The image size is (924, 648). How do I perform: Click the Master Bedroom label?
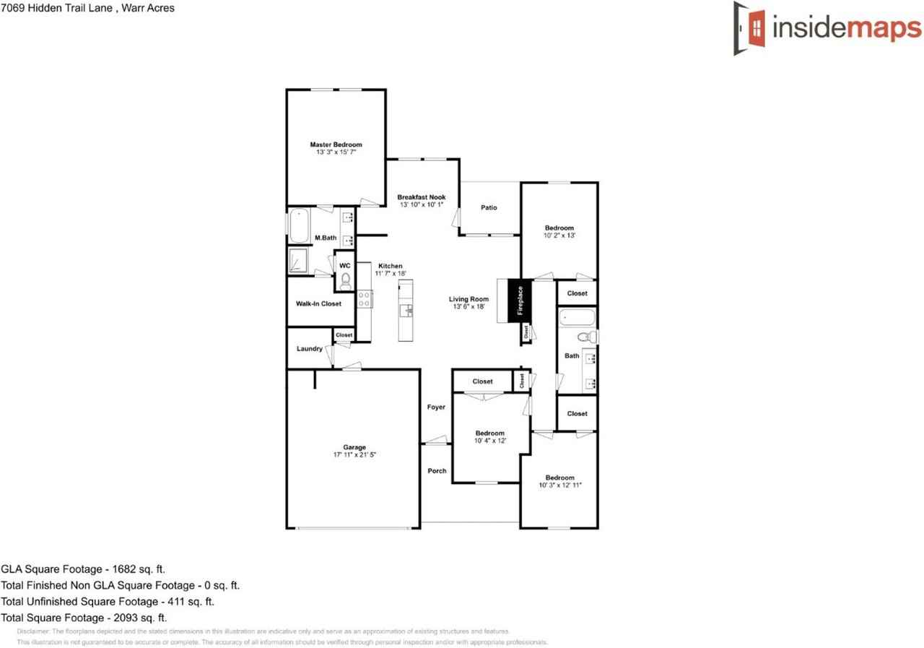[x=336, y=144]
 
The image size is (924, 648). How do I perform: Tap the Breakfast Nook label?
[x=421, y=197]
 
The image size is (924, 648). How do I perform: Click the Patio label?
[x=489, y=208]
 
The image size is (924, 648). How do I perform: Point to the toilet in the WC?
[x=345, y=280]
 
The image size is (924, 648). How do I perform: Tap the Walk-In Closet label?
[x=318, y=304]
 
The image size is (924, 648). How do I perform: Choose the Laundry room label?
[x=309, y=349]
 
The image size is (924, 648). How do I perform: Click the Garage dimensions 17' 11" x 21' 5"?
[x=354, y=455]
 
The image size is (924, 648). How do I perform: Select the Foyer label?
[x=436, y=407]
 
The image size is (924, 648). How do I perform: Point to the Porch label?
[x=437, y=471]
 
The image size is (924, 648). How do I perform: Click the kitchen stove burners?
[x=364, y=299]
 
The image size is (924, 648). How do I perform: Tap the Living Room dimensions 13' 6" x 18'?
[x=468, y=307]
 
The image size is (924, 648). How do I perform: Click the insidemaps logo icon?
[x=750, y=28]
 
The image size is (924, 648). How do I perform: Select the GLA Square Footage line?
[x=83, y=570]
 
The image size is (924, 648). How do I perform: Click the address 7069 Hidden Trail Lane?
[x=87, y=9]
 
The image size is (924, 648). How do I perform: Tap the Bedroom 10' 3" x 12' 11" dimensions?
[x=559, y=485]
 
